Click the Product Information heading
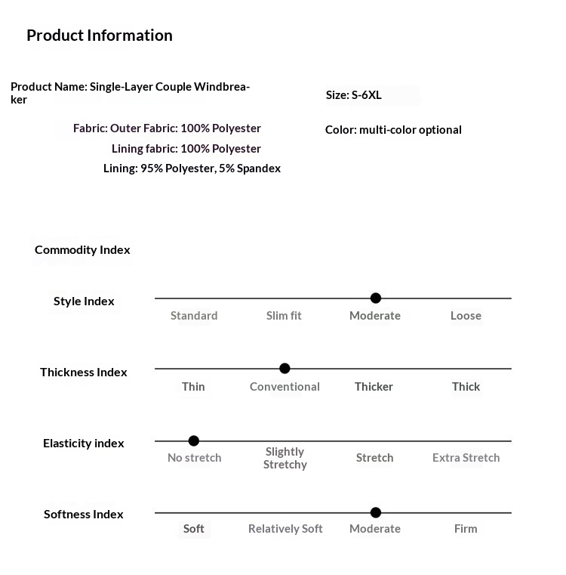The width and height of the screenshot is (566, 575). [x=99, y=36]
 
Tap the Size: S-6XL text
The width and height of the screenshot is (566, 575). [x=353, y=95]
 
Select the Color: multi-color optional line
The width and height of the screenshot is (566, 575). [x=393, y=130]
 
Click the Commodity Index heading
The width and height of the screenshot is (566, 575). [x=82, y=250]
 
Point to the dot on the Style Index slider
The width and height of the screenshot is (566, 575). [x=376, y=298]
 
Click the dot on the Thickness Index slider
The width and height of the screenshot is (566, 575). [x=285, y=369]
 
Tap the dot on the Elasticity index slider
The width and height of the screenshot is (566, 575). [x=194, y=441]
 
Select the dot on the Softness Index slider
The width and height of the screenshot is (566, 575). [x=376, y=513]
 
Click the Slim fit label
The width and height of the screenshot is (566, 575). [x=284, y=316]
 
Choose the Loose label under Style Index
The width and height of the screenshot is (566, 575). [x=466, y=316]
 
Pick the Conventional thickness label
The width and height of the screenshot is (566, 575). [x=285, y=387]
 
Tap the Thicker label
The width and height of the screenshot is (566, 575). [x=374, y=387]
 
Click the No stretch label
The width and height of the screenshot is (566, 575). [x=195, y=458]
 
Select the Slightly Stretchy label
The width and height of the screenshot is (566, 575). [x=285, y=458]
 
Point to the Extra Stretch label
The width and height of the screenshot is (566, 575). [x=466, y=458]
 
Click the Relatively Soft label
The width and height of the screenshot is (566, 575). [x=285, y=529]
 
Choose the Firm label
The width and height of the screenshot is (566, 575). [x=466, y=529]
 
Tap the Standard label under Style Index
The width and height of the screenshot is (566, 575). [x=194, y=316]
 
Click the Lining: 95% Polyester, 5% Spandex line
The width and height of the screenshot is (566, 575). [x=192, y=168]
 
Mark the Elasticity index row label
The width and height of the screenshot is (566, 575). [x=83, y=444]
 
